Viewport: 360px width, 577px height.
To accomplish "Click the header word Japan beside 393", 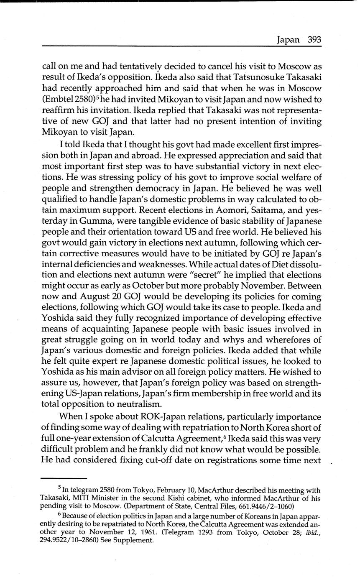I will tap(289, 40).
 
